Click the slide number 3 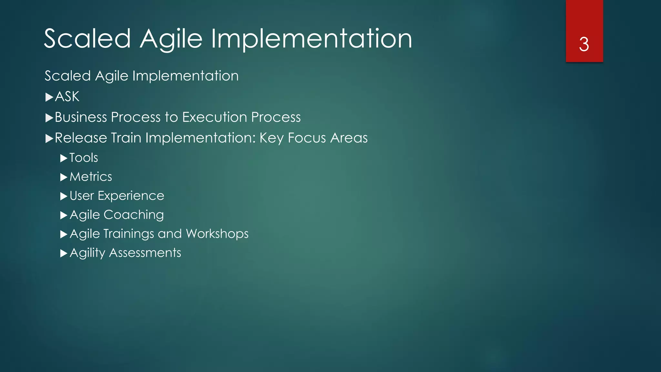point(584,45)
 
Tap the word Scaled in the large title point(87,39)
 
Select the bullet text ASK point(67,97)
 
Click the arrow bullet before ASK point(49,97)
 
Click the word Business point(81,117)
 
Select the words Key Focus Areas point(313,138)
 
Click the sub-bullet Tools point(84,158)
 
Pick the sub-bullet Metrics point(91,177)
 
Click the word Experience point(131,196)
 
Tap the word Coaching point(134,215)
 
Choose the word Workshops point(217,234)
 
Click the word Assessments point(145,253)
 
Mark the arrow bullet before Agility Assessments point(64,253)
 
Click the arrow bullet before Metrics point(64,177)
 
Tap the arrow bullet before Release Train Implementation point(49,139)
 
